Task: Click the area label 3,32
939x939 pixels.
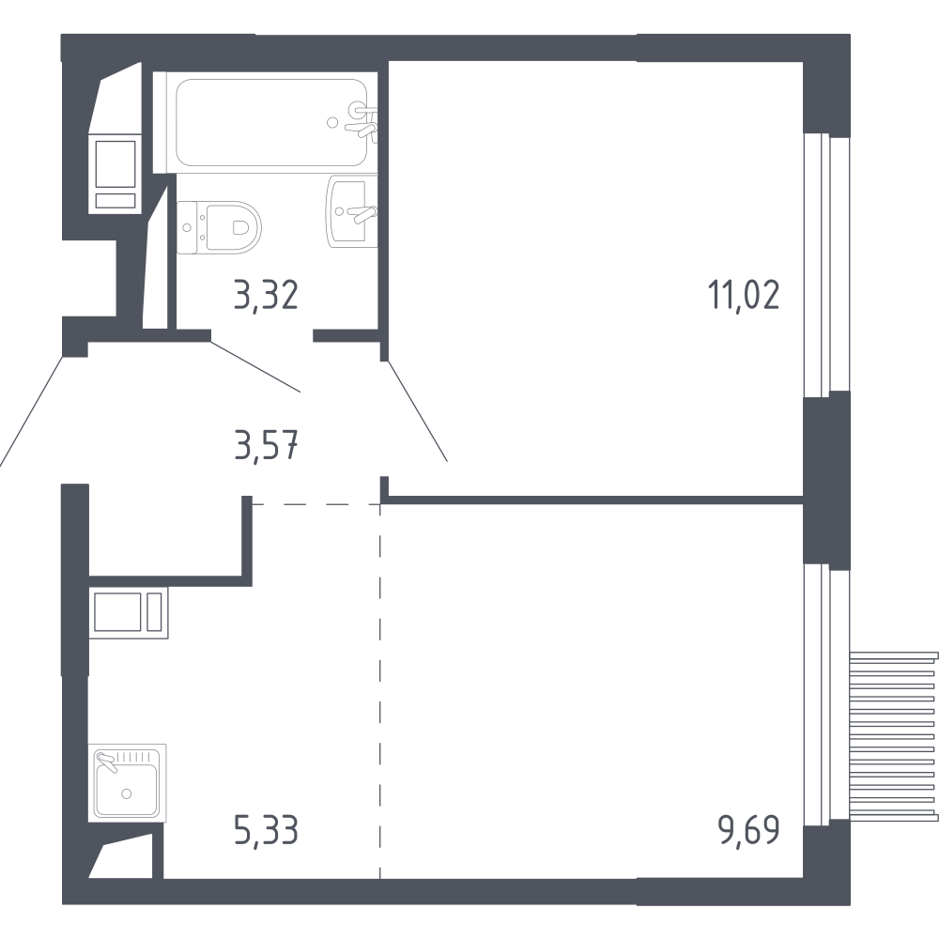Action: [266, 296]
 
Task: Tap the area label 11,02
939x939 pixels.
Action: [744, 296]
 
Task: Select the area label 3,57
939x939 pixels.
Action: [266, 445]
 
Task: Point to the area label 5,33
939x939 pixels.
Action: [266, 831]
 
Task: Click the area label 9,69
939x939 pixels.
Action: [748, 831]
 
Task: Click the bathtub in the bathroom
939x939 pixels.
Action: [271, 123]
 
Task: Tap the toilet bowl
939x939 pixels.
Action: [220, 227]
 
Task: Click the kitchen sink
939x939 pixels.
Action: [127, 783]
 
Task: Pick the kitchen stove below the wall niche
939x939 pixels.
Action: [129, 612]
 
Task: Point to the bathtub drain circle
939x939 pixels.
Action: [332, 123]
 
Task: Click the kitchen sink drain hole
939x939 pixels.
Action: [126, 793]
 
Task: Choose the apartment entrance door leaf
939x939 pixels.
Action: [31, 411]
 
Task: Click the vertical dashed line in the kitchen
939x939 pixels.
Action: [380, 691]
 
